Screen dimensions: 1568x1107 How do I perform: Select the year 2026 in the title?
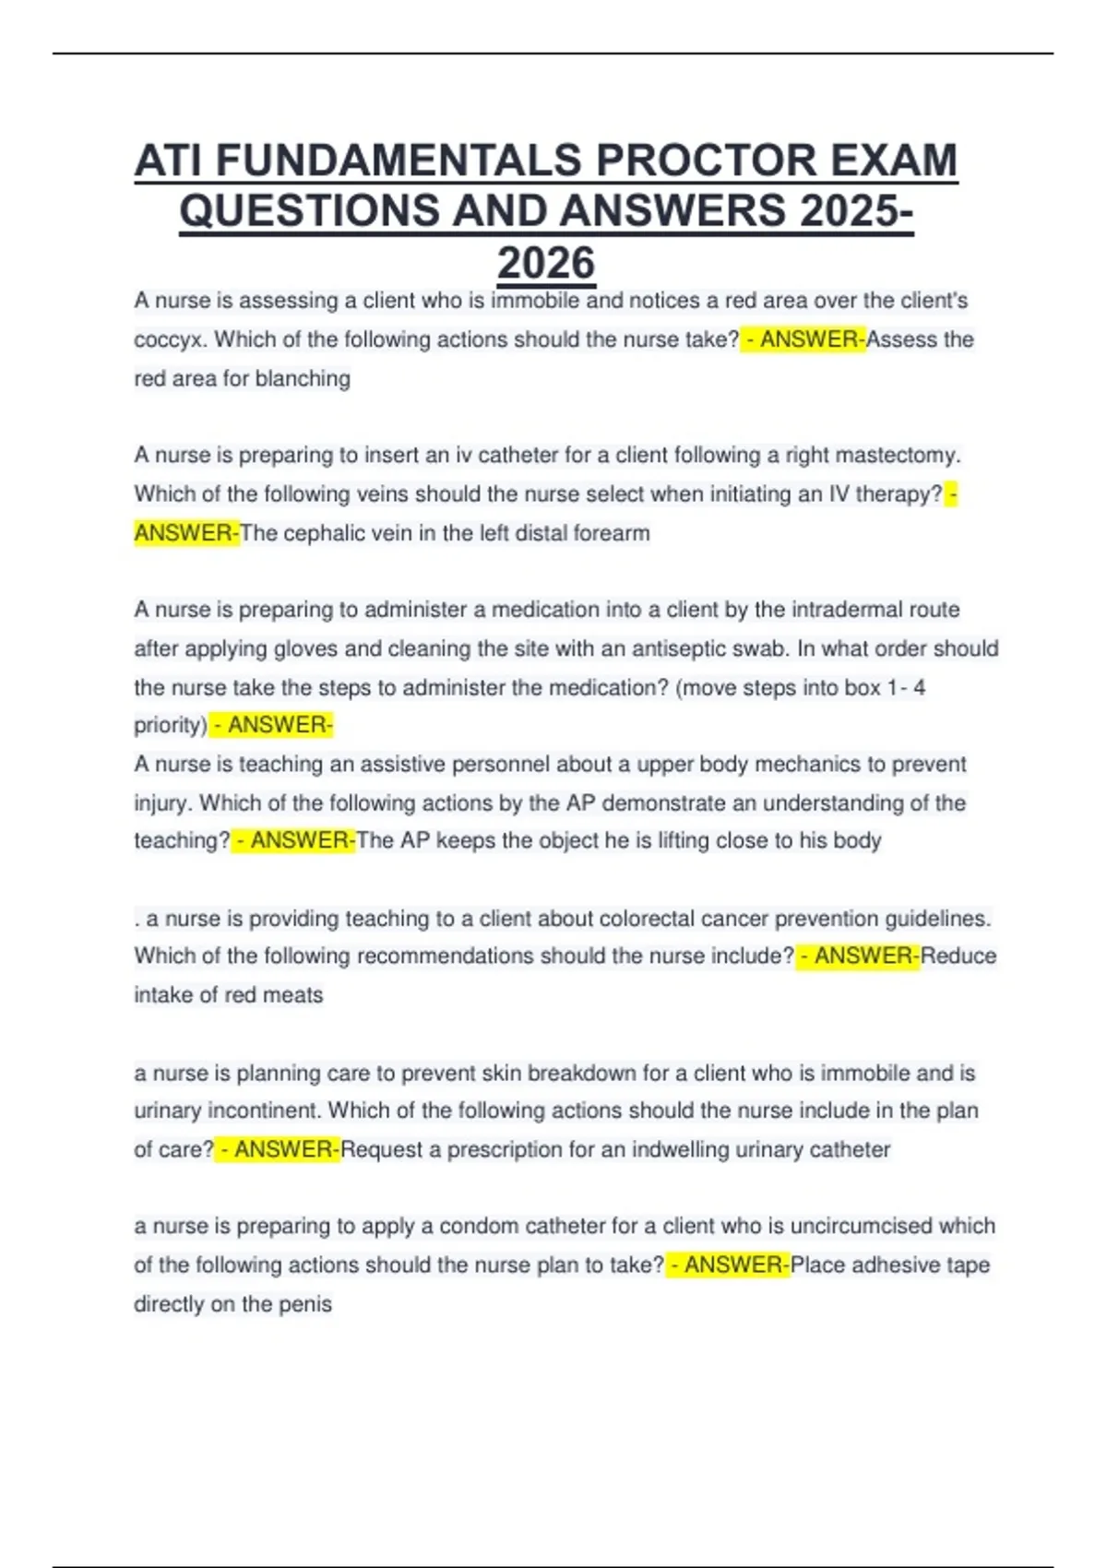click(546, 263)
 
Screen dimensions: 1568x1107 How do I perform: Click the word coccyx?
click(170, 340)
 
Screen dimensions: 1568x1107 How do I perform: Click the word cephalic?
click(319, 533)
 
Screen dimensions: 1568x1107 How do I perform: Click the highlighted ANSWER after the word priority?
click(279, 725)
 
